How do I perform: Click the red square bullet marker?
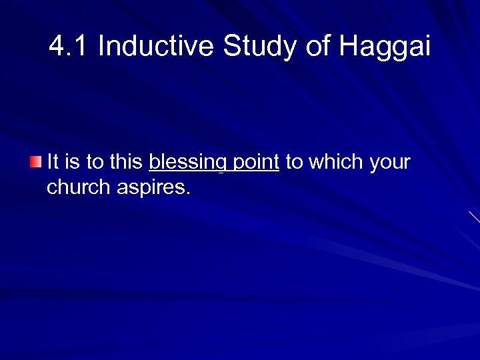[x=35, y=161]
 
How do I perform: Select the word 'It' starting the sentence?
[x=53, y=162]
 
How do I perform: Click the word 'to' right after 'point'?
[x=293, y=162]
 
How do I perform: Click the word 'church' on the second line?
[x=79, y=187]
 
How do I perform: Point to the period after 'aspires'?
[x=189, y=193]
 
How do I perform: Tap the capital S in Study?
[x=231, y=47]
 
